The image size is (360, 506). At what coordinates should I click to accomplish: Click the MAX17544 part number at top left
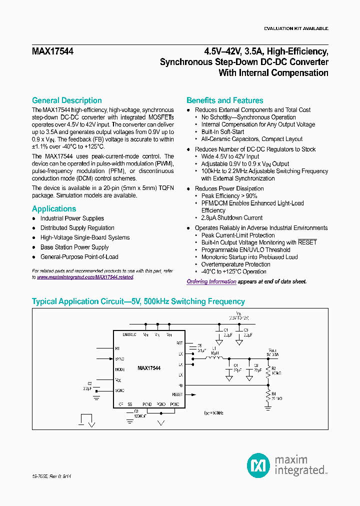pyautogui.click(x=52, y=51)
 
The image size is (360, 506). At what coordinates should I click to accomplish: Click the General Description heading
pyautogui.click(x=66, y=100)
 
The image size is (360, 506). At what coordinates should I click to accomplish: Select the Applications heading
pyautogui.click(x=54, y=209)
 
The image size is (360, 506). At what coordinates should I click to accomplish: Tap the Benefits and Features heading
pyautogui.click(x=224, y=100)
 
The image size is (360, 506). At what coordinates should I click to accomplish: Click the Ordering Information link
pyautogui.click(x=211, y=281)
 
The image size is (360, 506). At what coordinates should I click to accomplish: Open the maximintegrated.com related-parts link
pyautogui.click(x=85, y=277)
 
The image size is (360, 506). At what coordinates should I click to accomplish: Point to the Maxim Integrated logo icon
pyautogui.click(x=258, y=466)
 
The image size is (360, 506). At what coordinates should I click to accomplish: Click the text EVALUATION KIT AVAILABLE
pyautogui.click(x=296, y=28)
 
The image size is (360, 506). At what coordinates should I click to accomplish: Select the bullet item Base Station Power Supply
pyautogui.click(x=74, y=247)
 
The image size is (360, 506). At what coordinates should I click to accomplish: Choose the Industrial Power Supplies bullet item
pyautogui.click(x=72, y=218)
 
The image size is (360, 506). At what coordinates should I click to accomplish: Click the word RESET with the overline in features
pyautogui.click(x=307, y=242)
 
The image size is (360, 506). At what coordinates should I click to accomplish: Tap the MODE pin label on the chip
pyautogui.click(x=119, y=369)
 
